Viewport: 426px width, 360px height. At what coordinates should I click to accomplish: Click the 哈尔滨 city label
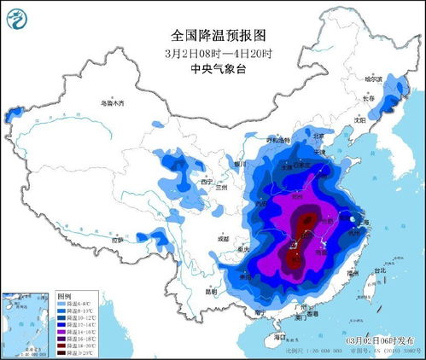[376, 78]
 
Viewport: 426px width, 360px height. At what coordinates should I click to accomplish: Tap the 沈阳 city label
[359, 121]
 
